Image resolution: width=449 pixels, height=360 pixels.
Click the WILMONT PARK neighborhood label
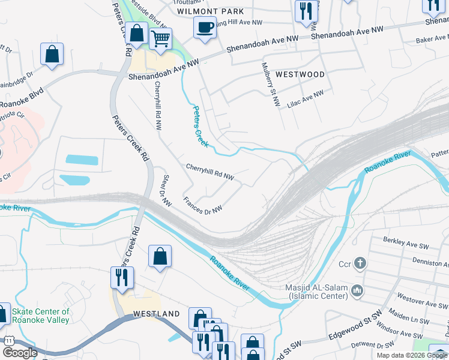[211, 11]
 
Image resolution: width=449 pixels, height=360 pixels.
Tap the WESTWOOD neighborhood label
[300, 75]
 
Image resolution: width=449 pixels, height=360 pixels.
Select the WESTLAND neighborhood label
[156, 314]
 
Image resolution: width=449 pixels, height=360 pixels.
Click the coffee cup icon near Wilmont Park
[205, 27]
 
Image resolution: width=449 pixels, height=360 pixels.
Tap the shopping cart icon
[160, 39]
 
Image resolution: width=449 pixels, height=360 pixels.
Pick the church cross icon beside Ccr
[360, 263]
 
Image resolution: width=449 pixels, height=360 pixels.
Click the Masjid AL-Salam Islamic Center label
[316, 292]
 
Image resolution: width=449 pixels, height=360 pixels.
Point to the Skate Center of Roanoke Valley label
[41, 316]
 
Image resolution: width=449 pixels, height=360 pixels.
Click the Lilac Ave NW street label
[304, 96]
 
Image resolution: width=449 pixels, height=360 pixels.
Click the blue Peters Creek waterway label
[200, 127]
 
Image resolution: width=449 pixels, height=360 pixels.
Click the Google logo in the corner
[20, 353]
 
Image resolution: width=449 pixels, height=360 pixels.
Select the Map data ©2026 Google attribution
[412, 355]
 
